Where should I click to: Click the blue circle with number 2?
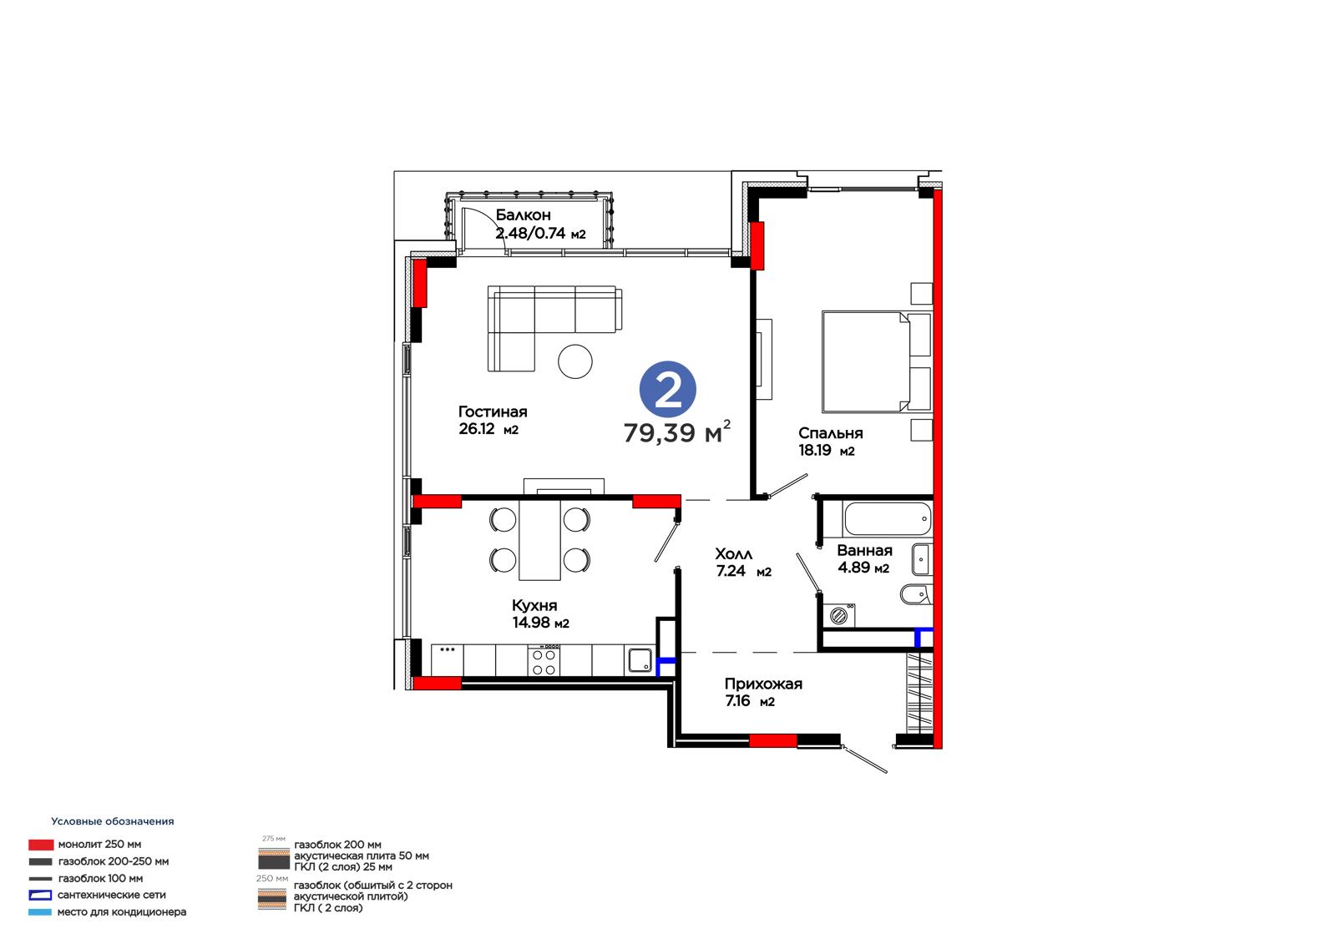[667, 390]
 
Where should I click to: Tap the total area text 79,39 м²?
[677, 432]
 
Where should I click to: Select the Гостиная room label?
[492, 411]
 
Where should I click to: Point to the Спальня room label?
[830, 433]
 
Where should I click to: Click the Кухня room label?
[534, 605]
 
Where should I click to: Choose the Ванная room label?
[864, 550]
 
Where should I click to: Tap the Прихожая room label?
[763, 684]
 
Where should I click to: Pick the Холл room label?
[734, 554]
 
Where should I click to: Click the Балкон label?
[523, 215]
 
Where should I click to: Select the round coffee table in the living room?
[575, 361]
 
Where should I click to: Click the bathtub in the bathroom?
[887, 519]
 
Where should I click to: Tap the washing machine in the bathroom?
[838, 615]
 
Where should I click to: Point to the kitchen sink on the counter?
[640, 660]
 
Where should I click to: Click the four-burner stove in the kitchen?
[544, 660]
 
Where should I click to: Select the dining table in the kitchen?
[539, 540]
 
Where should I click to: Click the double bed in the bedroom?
[876, 361]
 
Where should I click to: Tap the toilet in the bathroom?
[915, 594]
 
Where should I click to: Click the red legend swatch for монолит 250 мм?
[41, 845]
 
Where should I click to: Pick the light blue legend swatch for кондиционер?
[40, 912]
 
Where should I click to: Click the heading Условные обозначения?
[113, 821]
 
